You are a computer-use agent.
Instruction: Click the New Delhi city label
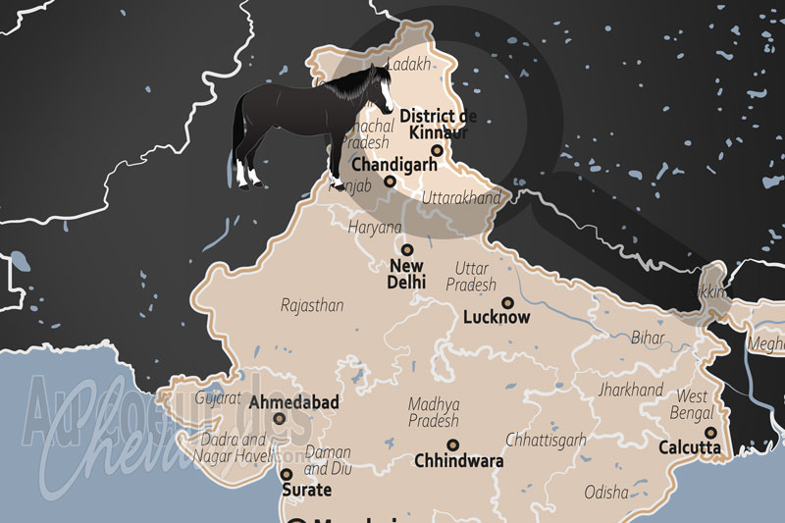click(x=407, y=273)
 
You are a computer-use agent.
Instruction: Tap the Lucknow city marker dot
click(x=508, y=302)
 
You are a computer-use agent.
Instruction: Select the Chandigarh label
click(x=393, y=164)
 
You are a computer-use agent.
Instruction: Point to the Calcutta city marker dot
click(x=710, y=432)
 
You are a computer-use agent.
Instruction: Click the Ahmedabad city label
click(x=294, y=402)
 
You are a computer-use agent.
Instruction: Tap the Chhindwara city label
click(x=459, y=460)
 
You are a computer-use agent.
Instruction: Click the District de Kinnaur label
click(x=433, y=124)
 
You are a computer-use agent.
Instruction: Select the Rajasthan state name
click(x=312, y=305)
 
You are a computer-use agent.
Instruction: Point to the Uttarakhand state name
click(x=461, y=197)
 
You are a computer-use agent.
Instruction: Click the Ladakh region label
click(x=409, y=65)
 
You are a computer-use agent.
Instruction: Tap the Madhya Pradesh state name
click(x=434, y=411)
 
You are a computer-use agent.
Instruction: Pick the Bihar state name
click(x=648, y=338)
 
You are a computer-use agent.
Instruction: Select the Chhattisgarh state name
click(x=545, y=440)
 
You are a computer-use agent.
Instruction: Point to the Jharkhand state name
click(x=631, y=390)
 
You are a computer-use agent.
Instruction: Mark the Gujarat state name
click(x=218, y=398)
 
